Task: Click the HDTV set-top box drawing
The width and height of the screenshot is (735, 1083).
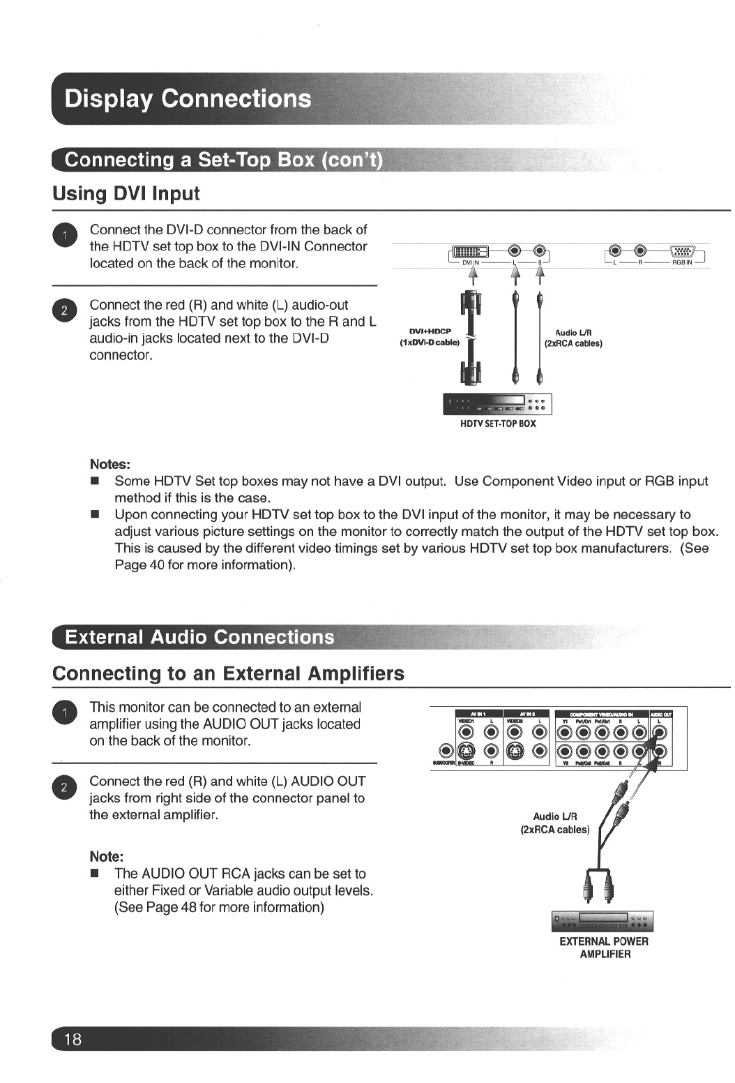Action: (497, 404)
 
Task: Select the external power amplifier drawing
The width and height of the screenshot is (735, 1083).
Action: (603, 921)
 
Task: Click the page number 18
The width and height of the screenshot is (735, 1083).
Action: (73, 1039)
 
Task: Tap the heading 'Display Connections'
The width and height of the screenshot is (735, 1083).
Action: (188, 98)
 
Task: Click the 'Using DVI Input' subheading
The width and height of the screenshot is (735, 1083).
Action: (126, 193)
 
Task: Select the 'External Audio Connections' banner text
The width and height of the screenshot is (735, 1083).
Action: (199, 637)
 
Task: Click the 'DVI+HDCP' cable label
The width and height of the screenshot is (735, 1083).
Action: (430, 331)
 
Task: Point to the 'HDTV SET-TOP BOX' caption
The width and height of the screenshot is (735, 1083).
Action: (498, 424)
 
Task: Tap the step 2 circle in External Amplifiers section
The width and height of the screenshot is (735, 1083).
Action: (63, 787)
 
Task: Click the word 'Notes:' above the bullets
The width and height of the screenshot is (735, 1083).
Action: (110, 464)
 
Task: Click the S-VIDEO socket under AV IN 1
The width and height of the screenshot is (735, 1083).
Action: (467, 751)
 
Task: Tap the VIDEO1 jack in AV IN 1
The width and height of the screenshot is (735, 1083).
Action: (467, 731)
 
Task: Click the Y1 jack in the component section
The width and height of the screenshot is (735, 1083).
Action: (565, 731)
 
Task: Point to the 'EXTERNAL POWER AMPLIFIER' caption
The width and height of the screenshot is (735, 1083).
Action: (604, 948)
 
